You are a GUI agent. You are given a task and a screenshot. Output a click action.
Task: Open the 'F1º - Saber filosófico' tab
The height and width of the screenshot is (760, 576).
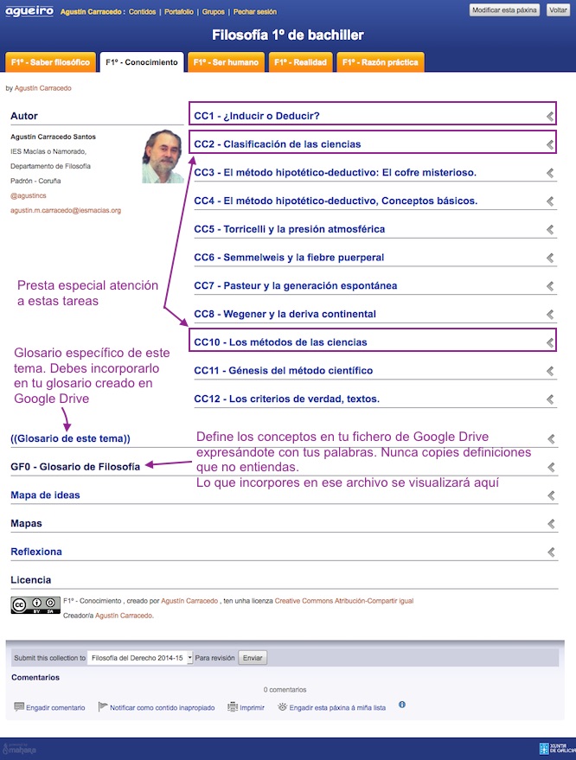click(x=50, y=62)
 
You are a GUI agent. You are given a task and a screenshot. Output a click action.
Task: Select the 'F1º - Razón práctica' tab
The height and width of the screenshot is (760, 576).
click(x=380, y=62)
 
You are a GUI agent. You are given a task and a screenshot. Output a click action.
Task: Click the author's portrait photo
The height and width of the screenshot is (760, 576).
click(x=163, y=156)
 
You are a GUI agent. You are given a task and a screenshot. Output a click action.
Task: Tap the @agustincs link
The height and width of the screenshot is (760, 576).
click(x=27, y=196)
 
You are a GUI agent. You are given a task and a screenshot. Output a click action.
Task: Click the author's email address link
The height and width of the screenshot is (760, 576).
click(x=66, y=210)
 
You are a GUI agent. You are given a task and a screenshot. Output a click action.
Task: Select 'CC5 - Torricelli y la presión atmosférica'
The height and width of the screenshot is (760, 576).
click(x=289, y=229)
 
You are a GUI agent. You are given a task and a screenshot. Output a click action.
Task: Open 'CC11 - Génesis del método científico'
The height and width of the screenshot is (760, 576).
click(x=283, y=371)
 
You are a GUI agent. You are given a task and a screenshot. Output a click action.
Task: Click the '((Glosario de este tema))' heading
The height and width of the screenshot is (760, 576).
click(x=70, y=438)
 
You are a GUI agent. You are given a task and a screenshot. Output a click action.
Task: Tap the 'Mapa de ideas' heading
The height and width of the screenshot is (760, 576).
click(x=45, y=495)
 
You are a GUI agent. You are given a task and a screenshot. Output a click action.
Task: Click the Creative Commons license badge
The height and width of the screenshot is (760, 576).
click(x=35, y=605)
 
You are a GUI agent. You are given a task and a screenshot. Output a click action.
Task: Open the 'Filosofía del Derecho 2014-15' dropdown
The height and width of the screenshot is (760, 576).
click(x=141, y=658)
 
